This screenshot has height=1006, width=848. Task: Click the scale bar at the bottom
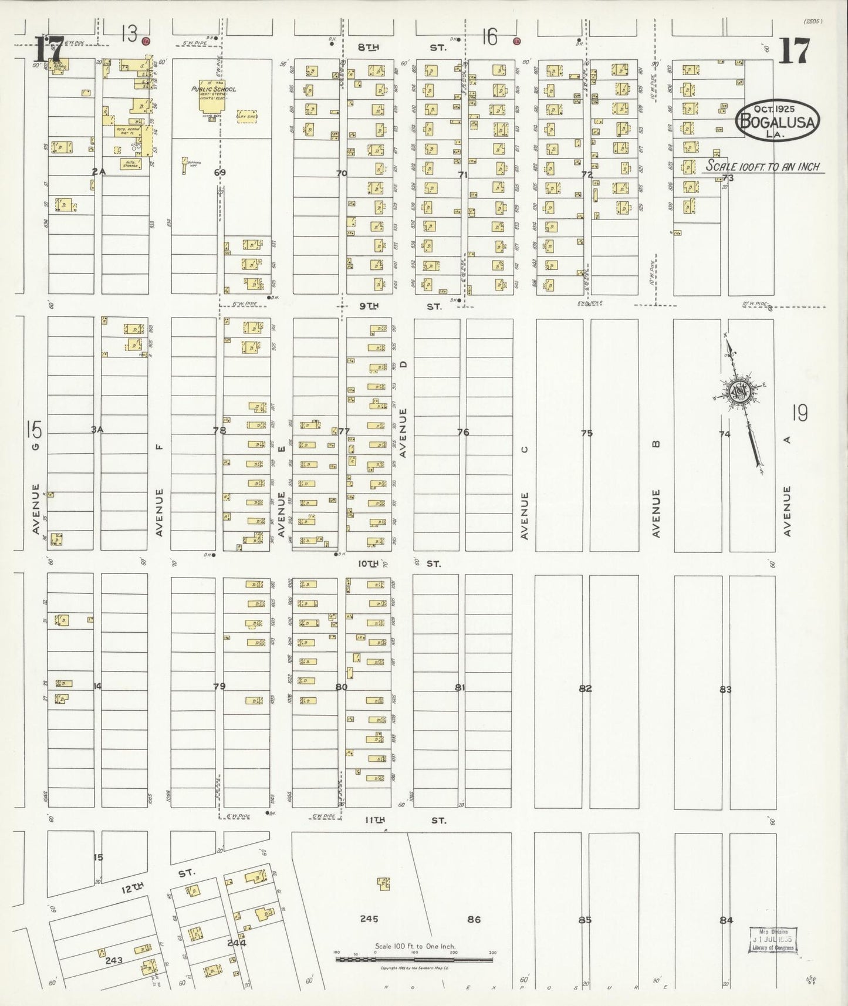[x=415, y=959]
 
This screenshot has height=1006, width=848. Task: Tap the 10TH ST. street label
[x=399, y=563]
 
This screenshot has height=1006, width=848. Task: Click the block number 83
[x=726, y=689]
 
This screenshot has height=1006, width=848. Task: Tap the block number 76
[x=463, y=432]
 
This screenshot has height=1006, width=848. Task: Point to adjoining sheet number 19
[x=799, y=413]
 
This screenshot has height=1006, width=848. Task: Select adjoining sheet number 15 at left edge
[x=34, y=430]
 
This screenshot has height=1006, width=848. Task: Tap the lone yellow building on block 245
[x=384, y=883]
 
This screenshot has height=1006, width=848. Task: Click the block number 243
[x=113, y=960]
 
